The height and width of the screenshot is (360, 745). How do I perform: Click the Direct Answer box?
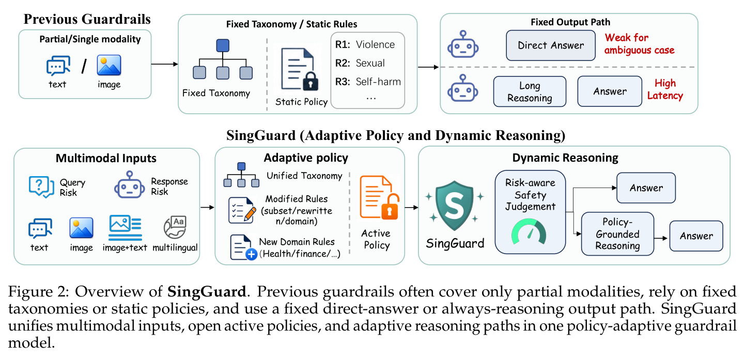tap(551, 45)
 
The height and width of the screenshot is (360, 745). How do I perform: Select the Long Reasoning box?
tap(530, 91)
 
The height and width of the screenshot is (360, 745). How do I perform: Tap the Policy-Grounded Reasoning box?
tap(617, 233)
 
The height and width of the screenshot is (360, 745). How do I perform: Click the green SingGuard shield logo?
tap(454, 206)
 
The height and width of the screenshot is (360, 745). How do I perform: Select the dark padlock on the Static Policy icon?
tap(311, 81)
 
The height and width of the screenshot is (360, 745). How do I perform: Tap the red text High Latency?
tap(665, 89)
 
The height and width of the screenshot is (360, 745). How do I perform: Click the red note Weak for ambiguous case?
tap(639, 43)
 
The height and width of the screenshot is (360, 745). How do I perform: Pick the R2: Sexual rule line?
tap(360, 63)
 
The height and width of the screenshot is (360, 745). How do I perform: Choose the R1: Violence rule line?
tap(365, 44)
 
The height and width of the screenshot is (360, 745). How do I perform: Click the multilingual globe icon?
tap(175, 227)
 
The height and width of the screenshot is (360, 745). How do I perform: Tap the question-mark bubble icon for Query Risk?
tap(41, 187)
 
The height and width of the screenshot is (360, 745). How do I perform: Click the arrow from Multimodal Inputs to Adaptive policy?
tap(207, 208)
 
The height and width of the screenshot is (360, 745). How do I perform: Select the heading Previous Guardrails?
tap(87, 19)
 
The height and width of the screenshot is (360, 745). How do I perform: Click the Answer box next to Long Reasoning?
tap(610, 91)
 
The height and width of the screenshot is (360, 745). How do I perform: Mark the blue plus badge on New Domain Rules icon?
tap(251, 255)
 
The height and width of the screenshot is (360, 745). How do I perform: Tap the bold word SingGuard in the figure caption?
tap(207, 291)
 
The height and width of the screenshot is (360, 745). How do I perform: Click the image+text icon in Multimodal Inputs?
tap(126, 228)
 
